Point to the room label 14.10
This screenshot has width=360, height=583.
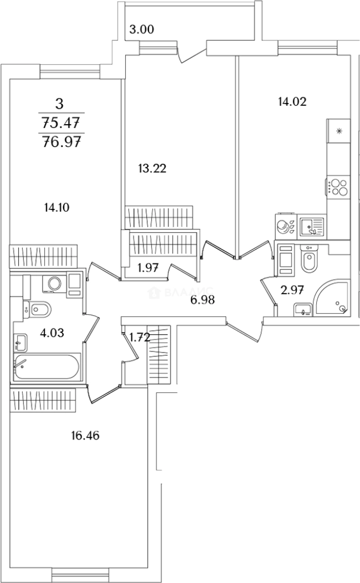pyautogui.click(x=58, y=206)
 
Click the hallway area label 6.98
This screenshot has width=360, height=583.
pyautogui.click(x=202, y=300)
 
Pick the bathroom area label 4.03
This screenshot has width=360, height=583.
pyautogui.click(x=52, y=333)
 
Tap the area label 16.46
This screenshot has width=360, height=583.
pyautogui.click(x=86, y=435)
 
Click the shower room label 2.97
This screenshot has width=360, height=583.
pyautogui.click(x=293, y=290)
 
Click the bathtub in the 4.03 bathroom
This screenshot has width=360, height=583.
pyautogui.click(x=46, y=368)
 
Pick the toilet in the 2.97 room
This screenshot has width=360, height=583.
pyautogui.click(x=309, y=261)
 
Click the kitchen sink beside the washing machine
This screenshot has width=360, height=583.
pyautogui.click(x=310, y=226)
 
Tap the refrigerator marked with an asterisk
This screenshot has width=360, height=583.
pyautogui.click(x=339, y=131)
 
